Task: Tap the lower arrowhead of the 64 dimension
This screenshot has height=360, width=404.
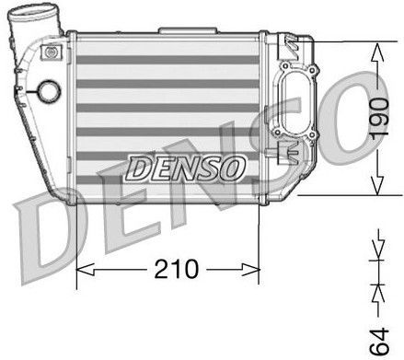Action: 375,293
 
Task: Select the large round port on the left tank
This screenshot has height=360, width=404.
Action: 46,93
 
